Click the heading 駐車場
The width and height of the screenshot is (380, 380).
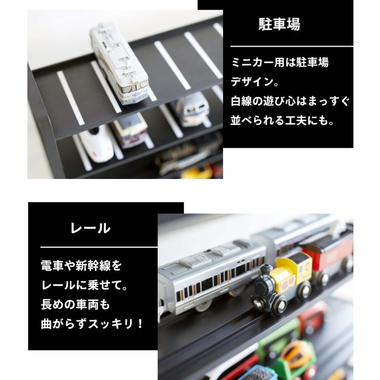[x=279, y=24]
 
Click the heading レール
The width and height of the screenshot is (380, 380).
[x=90, y=228]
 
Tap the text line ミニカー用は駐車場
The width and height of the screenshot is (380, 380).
[x=280, y=63]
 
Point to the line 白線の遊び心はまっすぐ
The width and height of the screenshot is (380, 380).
[x=290, y=102]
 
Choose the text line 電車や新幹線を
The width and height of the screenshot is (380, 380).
[x=81, y=266]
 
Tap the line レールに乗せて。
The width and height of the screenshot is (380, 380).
[x=84, y=285]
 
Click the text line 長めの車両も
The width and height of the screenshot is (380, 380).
[x=75, y=304]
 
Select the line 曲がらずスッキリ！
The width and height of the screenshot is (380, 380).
[x=92, y=324]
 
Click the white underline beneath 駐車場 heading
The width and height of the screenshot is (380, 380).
[x=291, y=46]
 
